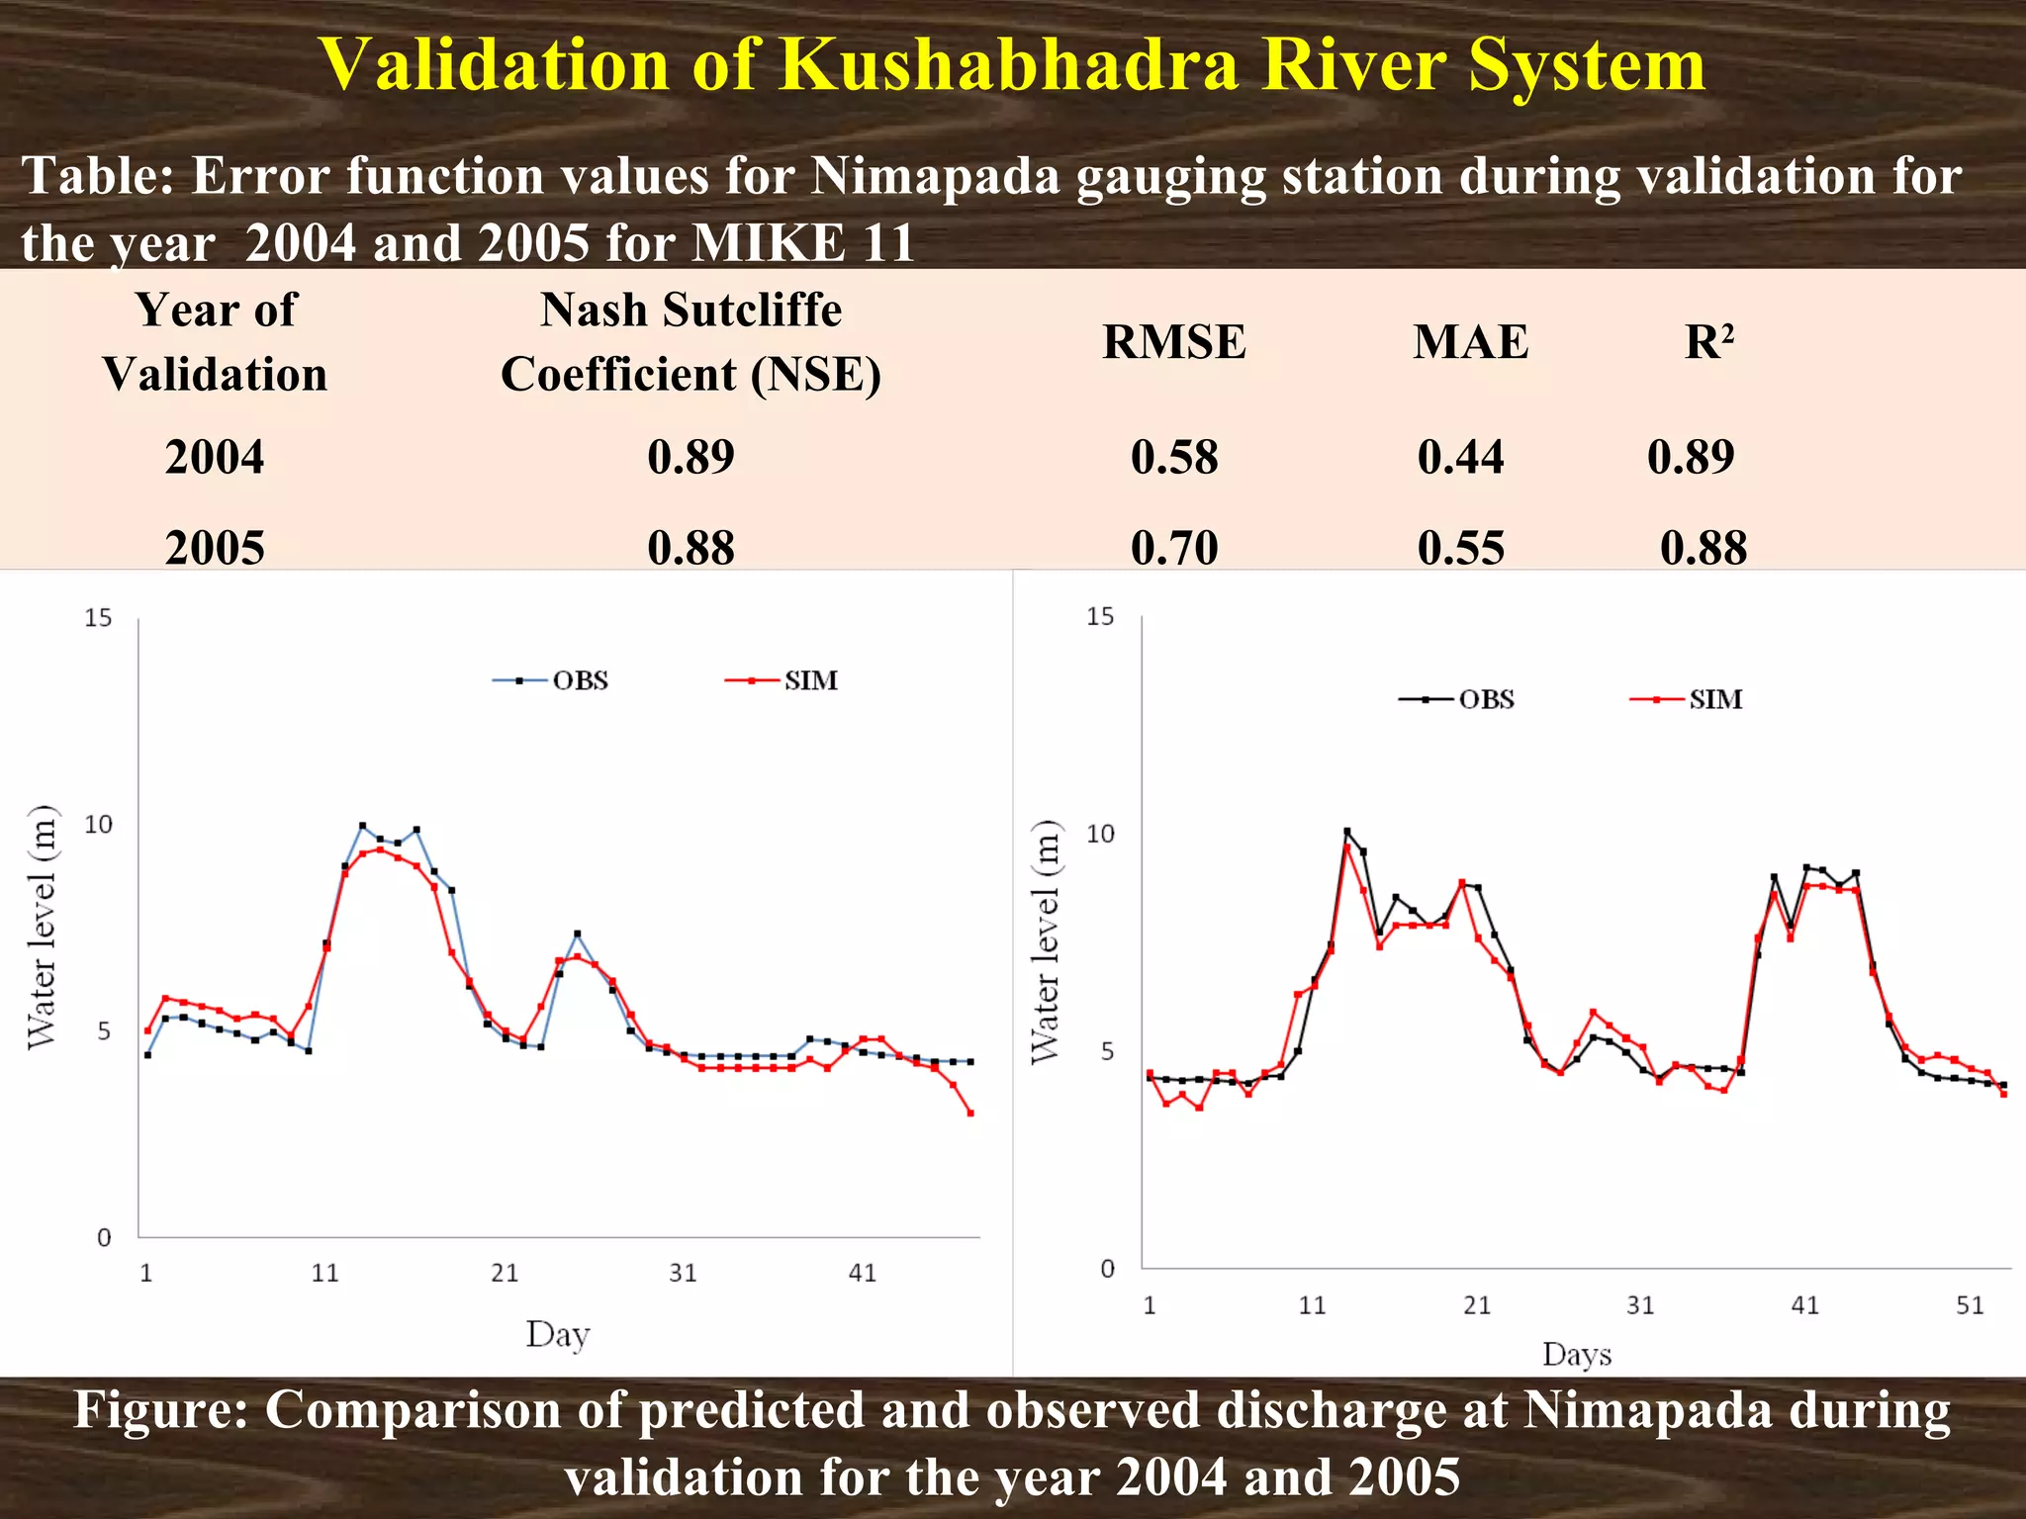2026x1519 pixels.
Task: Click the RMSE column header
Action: click(x=1173, y=342)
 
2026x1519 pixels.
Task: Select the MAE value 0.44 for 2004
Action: click(x=1460, y=457)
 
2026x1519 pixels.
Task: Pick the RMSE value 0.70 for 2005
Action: click(x=1173, y=547)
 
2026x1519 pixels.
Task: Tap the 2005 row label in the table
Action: click(x=215, y=547)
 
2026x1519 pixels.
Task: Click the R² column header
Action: click(x=1708, y=342)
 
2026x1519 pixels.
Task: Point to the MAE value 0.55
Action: click(x=1460, y=547)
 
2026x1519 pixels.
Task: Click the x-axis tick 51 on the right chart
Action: click(x=1970, y=1305)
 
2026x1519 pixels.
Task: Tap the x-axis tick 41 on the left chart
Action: click(x=863, y=1273)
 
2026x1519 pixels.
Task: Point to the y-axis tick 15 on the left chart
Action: click(x=98, y=618)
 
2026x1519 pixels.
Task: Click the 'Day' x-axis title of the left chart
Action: click(x=557, y=1334)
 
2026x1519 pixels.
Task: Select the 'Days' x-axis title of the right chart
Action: click(x=1576, y=1354)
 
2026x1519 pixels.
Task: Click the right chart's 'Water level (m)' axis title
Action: click(x=1045, y=942)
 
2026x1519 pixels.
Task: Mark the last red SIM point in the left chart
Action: click(x=970, y=1114)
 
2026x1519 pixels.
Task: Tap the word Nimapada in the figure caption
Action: click(x=1646, y=1410)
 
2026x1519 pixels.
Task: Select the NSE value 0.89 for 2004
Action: click(x=691, y=457)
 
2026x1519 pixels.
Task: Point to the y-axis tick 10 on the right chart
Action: click(x=1100, y=834)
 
